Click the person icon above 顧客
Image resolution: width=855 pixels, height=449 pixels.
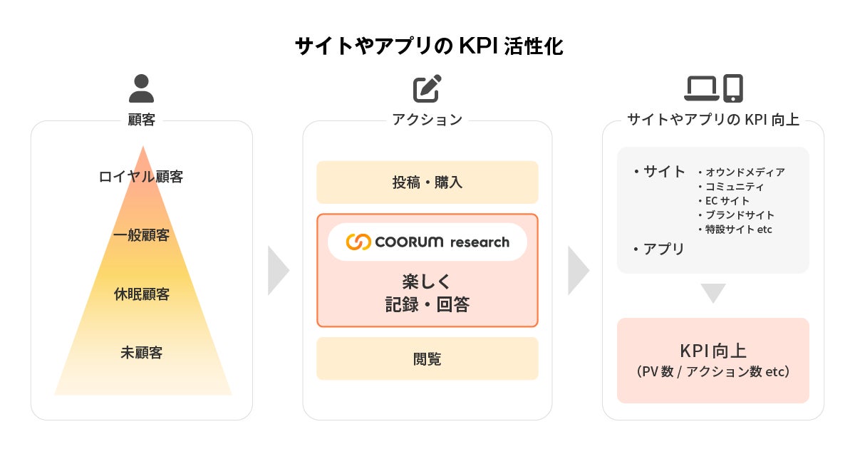click(x=141, y=89)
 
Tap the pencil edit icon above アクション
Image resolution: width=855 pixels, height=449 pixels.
click(x=427, y=89)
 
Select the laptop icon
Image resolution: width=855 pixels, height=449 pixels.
click(x=702, y=88)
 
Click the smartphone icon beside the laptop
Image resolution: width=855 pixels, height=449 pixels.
click(x=733, y=88)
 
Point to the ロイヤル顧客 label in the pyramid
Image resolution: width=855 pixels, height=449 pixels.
click(x=141, y=177)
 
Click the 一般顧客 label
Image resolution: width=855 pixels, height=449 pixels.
click(x=141, y=235)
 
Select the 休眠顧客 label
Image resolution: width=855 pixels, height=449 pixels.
click(x=141, y=294)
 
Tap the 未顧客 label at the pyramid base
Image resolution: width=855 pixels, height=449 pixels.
click(x=141, y=352)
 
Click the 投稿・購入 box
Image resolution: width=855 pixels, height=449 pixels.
click(x=427, y=182)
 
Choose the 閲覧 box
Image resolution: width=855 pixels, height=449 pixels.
click(x=427, y=358)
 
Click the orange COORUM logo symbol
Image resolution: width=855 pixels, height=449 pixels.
click(x=358, y=242)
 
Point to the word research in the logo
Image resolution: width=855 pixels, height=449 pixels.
click(x=480, y=242)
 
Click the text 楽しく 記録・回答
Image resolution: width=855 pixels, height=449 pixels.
click(x=427, y=292)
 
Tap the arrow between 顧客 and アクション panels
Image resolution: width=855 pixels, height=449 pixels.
click(x=278, y=271)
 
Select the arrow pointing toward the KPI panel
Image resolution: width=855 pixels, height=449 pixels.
click(x=578, y=271)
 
